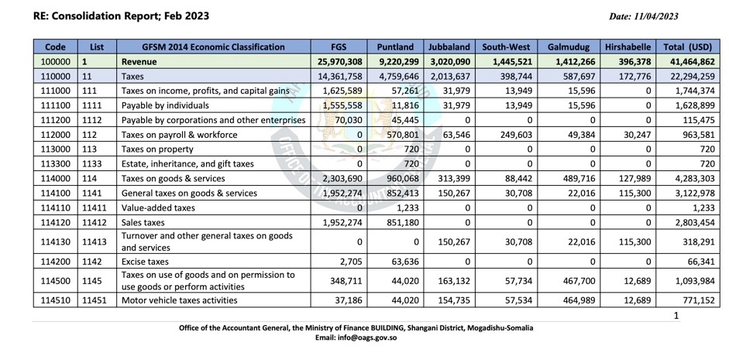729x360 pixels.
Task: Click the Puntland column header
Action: [x=395, y=47]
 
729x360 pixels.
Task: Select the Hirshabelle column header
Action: [x=628, y=47]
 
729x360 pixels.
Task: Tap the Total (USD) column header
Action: [x=688, y=47]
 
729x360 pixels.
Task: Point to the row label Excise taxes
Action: [x=145, y=262]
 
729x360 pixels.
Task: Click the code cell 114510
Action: [x=55, y=300]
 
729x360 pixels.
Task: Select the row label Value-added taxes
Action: [x=158, y=208]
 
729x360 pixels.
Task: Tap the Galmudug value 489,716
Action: [x=579, y=178]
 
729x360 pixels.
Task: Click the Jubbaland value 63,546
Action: [x=457, y=135]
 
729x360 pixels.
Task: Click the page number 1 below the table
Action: [x=676, y=316]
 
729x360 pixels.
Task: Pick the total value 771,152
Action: [x=698, y=300]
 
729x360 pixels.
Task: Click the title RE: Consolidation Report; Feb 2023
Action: [x=122, y=16]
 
